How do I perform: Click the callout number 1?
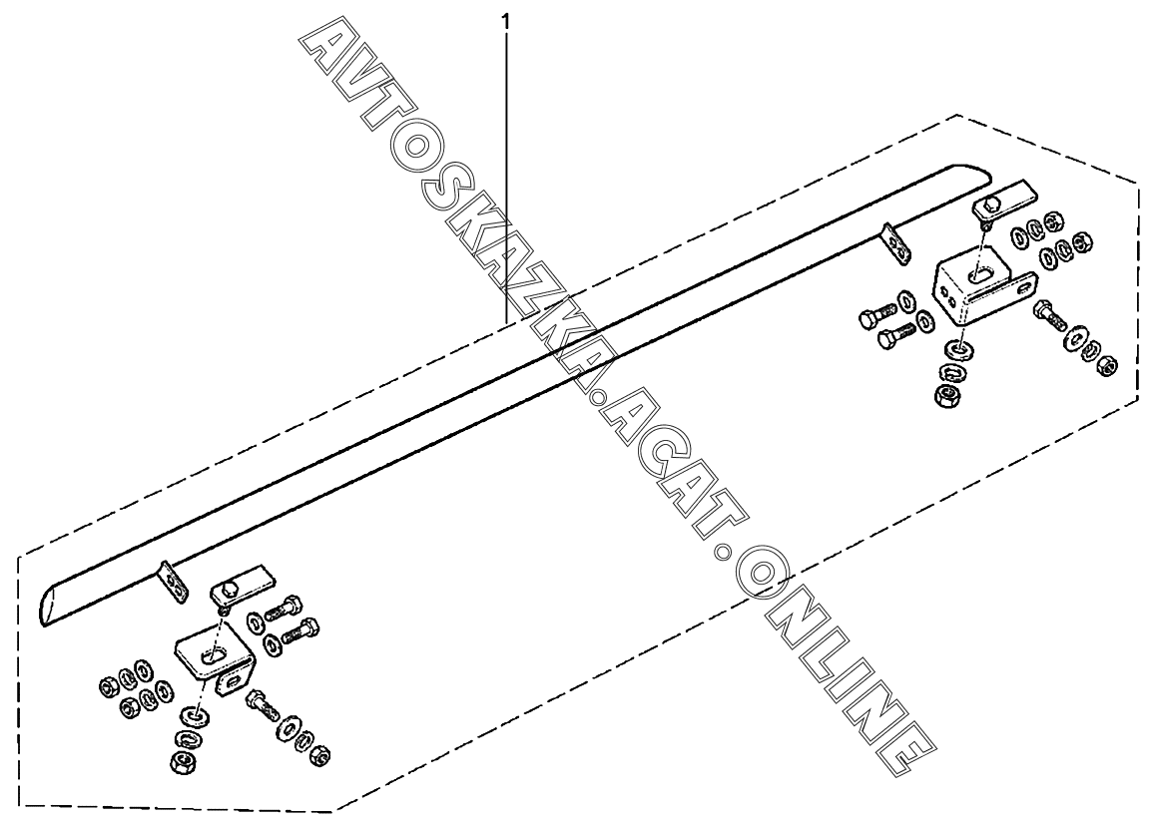(x=508, y=19)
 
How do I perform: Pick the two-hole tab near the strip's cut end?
(x=173, y=581)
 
